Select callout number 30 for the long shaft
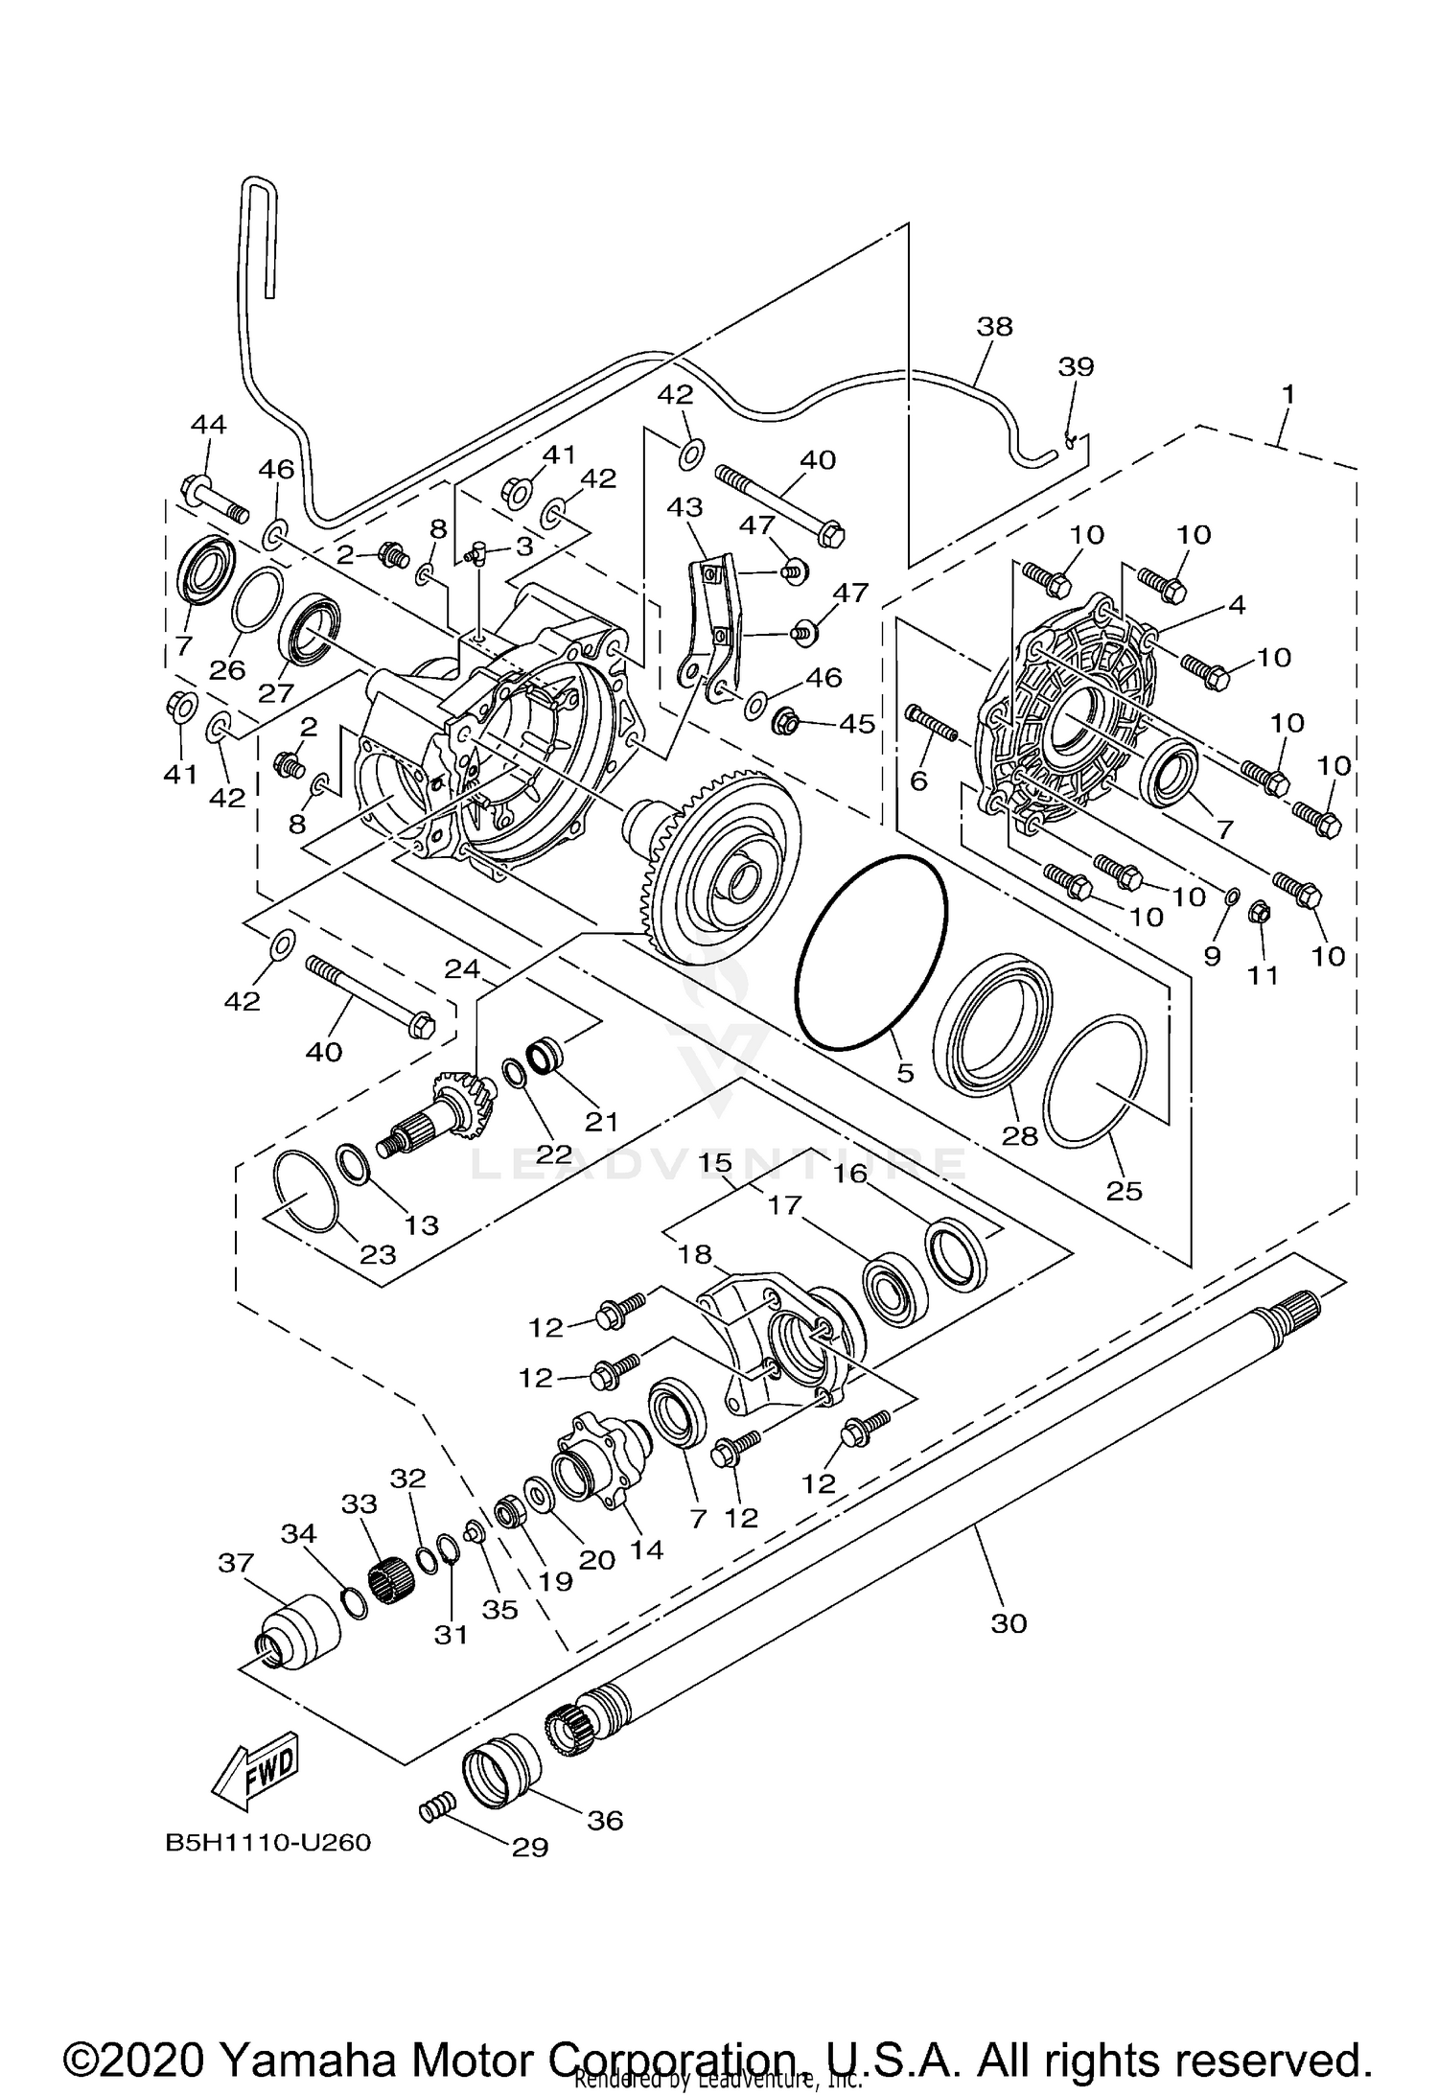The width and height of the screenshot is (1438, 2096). [1009, 1622]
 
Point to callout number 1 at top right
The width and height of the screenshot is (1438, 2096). [1288, 394]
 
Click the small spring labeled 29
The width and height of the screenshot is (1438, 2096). [434, 1810]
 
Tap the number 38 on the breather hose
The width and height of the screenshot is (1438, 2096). [994, 326]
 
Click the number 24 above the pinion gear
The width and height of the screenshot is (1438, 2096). [462, 969]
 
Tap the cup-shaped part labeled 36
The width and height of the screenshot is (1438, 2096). [499, 1769]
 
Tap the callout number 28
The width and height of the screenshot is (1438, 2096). [1020, 1136]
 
